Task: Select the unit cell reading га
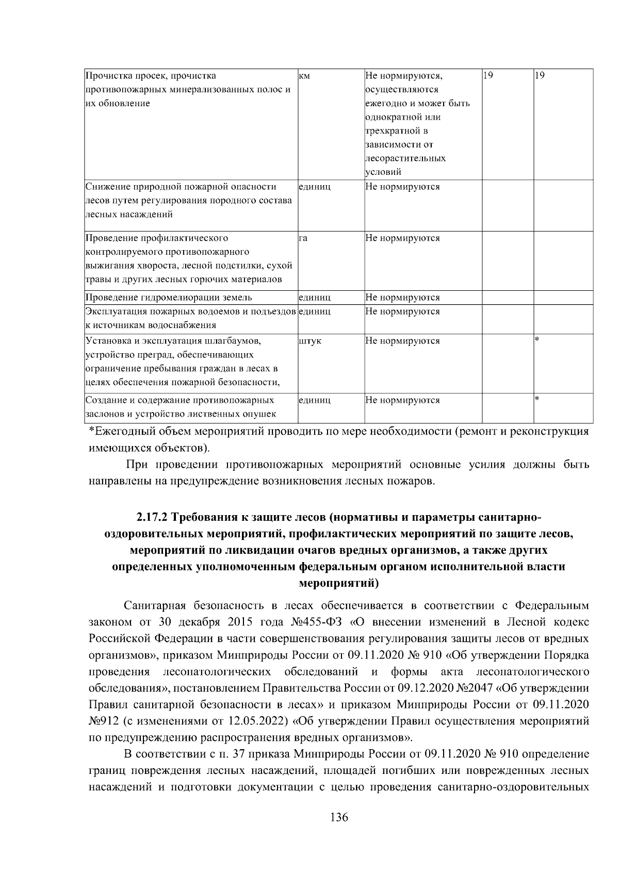(x=303, y=238)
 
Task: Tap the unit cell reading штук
(x=310, y=341)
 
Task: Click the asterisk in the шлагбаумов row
(x=537, y=340)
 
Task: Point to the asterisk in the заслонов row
(x=537, y=399)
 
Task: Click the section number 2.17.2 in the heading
(x=153, y=517)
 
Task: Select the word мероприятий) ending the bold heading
(x=339, y=583)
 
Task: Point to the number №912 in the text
(x=105, y=720)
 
